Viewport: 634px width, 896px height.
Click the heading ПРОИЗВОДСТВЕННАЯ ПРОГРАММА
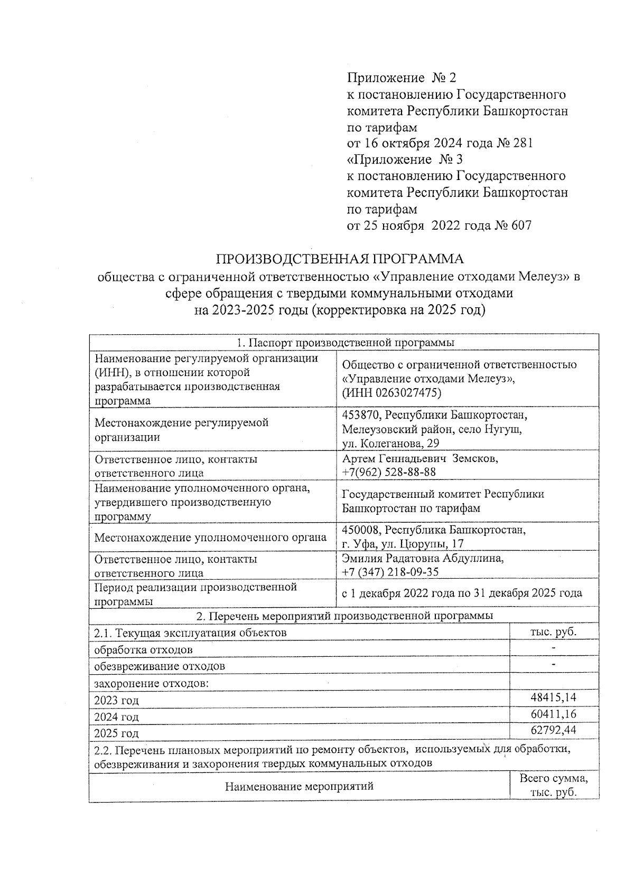tap(339, 259)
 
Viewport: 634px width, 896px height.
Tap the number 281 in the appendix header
tap(522, 143)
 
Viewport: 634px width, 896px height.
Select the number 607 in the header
tap(520, 225)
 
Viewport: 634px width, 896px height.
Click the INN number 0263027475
tap(406, 393)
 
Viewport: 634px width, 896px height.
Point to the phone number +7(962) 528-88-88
tap(388, 472)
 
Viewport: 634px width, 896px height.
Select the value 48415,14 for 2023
tap(553, 697)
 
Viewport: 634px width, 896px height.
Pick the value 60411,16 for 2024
tap(553, 714)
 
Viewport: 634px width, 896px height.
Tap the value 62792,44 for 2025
tap(553, 731)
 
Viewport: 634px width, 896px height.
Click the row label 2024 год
tap(116, 717)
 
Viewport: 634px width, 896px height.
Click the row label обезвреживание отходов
tap(159, 666)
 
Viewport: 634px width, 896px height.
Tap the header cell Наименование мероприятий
tap(299, 786)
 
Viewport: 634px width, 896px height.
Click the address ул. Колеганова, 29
tap(390, 444)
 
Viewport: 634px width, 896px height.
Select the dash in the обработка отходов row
tap(553, 647)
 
